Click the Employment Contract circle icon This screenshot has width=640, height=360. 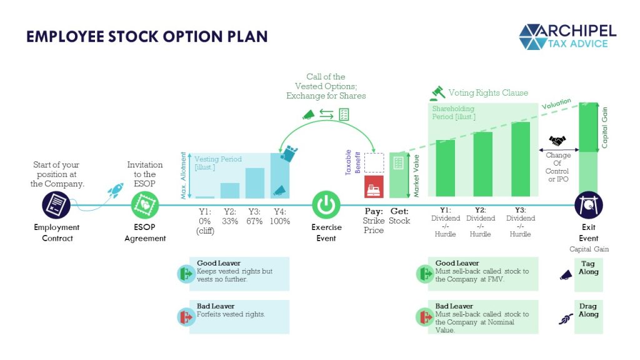tap(56, 205)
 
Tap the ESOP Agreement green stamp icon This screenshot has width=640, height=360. tap(145, 205)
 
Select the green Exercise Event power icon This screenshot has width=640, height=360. tap(326, 205)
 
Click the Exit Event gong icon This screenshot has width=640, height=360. tap(588, 205)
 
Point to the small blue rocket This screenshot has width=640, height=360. tap(116, 190)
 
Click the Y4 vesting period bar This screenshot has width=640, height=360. tap(280, 176)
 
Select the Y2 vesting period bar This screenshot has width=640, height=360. tap(230, 191)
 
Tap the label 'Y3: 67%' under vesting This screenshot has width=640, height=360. tap(254, 216)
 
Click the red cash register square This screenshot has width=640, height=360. tap(374, 187)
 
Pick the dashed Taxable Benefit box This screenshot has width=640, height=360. tap(374, 163)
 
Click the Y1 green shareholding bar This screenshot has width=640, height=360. tap(445, 168)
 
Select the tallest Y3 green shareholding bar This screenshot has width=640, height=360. tap(521, 159)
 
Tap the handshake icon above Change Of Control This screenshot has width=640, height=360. tap(557, 141)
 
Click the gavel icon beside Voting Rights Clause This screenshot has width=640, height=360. tap(437, 93)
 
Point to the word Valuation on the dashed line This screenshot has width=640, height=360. tap(556, 103)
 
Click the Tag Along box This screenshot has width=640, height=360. tap(589, 274)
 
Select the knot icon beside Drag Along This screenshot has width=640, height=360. tap(566, 318)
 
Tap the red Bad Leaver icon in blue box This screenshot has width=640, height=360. tap(186, 317)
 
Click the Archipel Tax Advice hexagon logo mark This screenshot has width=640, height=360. tap(533, 37)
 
